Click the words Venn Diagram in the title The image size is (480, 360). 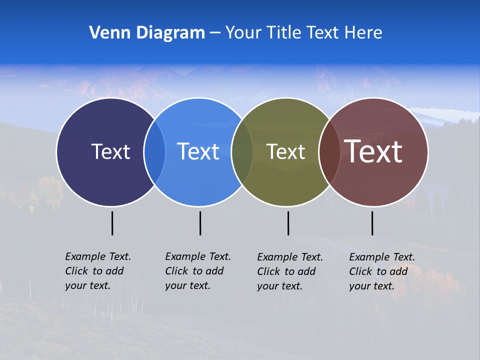147,33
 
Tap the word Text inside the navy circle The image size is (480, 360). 110,151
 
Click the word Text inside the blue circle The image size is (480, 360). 198,151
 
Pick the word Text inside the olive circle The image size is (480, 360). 285,151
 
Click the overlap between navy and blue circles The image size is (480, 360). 154,151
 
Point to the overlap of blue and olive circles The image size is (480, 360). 242,151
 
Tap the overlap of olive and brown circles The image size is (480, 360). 329,151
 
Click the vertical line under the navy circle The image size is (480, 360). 112,223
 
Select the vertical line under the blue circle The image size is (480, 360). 200,223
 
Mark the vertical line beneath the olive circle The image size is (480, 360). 288,223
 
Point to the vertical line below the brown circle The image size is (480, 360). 372,223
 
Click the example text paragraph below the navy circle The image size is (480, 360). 98,271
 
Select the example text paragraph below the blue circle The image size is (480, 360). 198,271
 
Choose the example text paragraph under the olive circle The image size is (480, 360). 290,271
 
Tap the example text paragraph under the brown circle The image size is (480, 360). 382,271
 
